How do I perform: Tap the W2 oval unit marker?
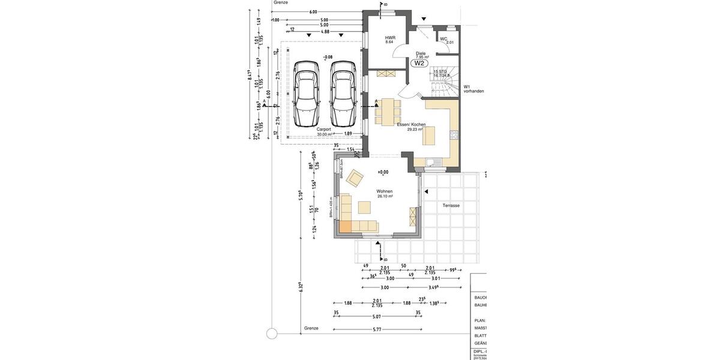point(419,63)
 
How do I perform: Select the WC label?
point(444,40)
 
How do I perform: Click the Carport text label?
point(323,130)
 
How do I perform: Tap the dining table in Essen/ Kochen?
point(388,110)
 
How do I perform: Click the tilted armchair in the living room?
point(355,178)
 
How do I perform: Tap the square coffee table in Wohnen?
point(365,207)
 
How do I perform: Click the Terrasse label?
point(451,205)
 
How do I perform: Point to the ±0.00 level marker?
point(383,172)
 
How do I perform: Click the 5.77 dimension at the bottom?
point(377,329)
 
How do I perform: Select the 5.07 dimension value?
point(377,316)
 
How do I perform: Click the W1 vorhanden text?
point(473,89)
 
